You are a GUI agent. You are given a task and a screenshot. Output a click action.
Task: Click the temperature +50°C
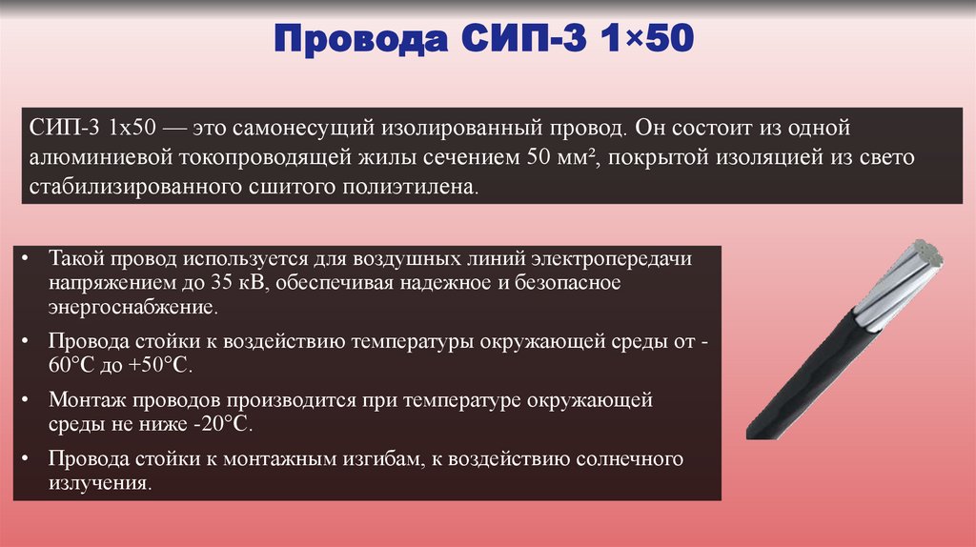coord(168,367)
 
